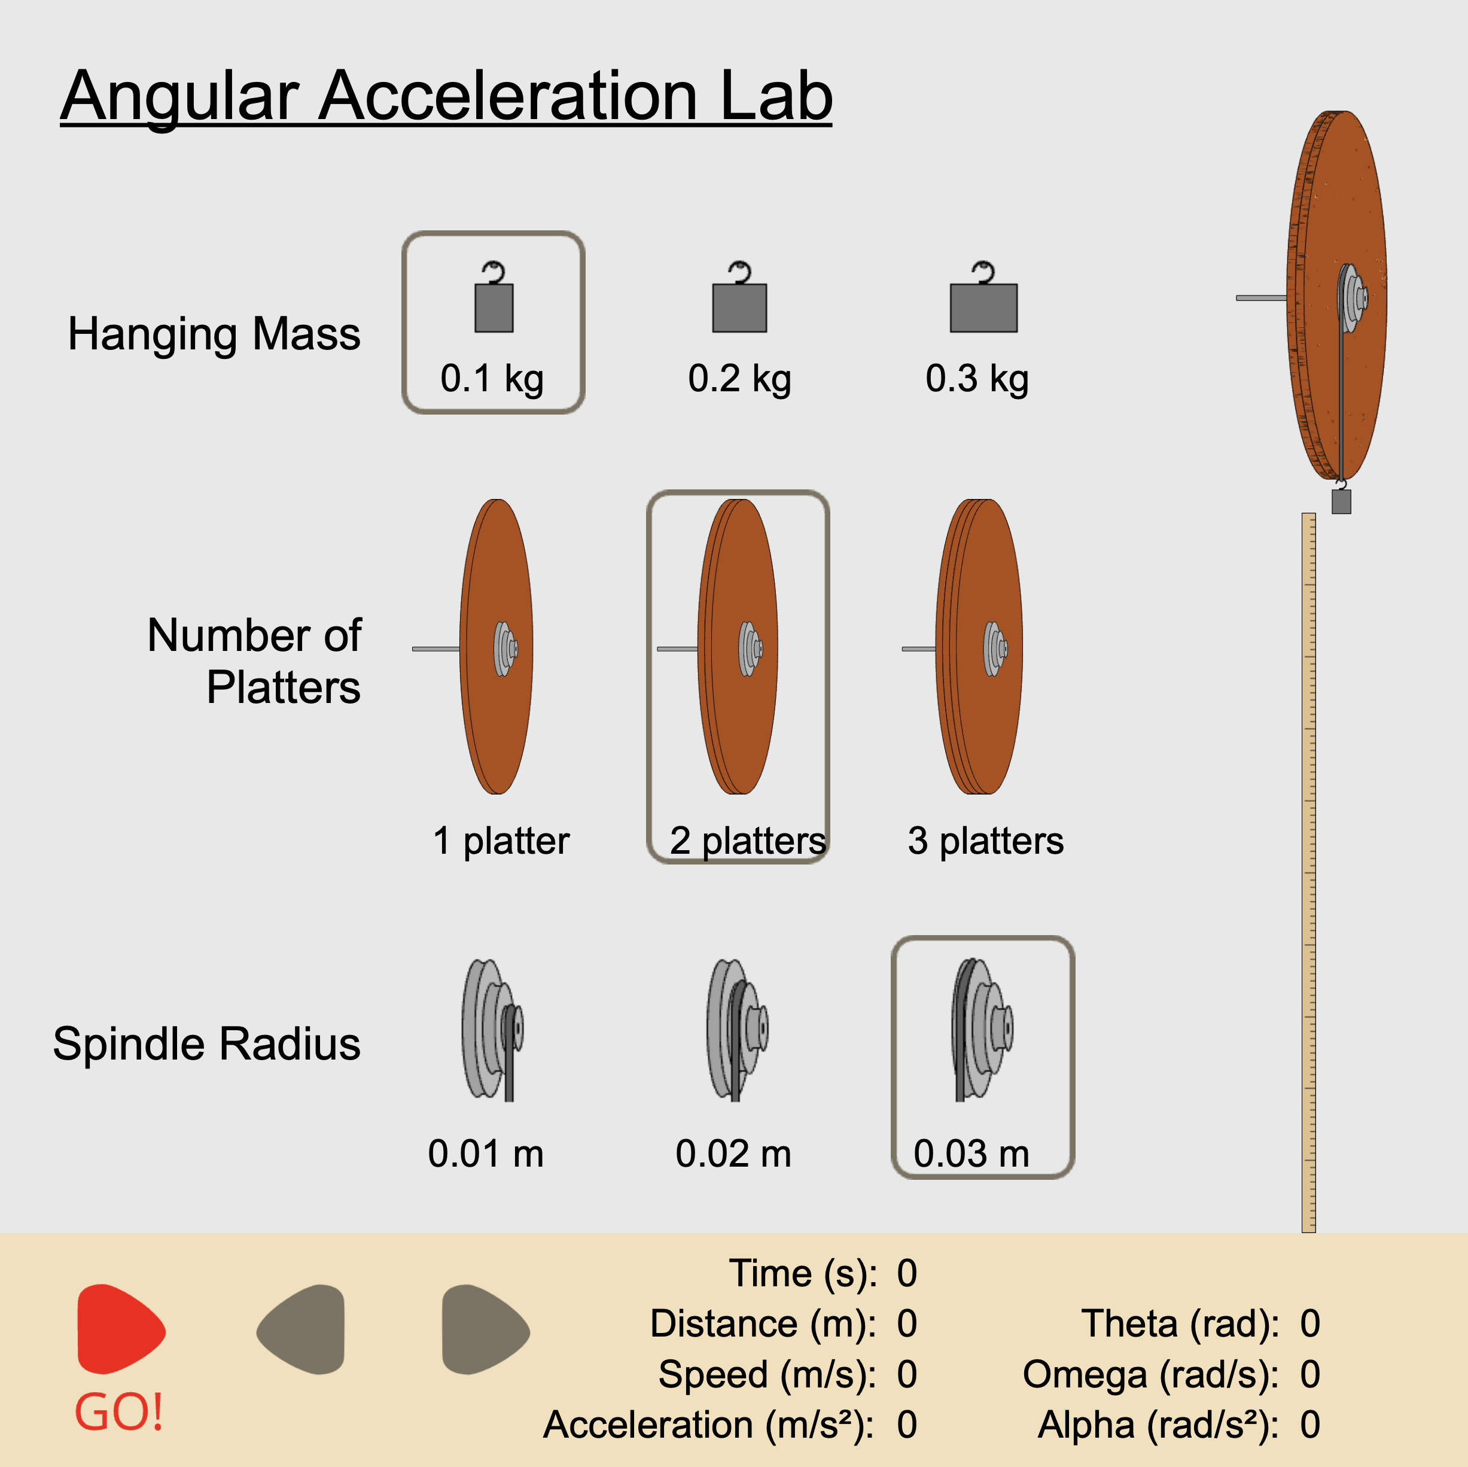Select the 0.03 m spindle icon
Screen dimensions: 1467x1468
(x=982, y=1029)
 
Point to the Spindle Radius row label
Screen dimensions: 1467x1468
(x=206, y=1043)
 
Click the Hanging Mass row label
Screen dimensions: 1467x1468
(x=214, y=334)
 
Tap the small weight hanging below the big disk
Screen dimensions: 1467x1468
(x=1341, y=502)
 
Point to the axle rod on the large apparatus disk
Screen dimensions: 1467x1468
(x=1260, y=298)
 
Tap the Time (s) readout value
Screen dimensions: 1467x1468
(x=906, y=1273)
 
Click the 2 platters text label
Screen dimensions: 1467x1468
(x=748, y=841)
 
